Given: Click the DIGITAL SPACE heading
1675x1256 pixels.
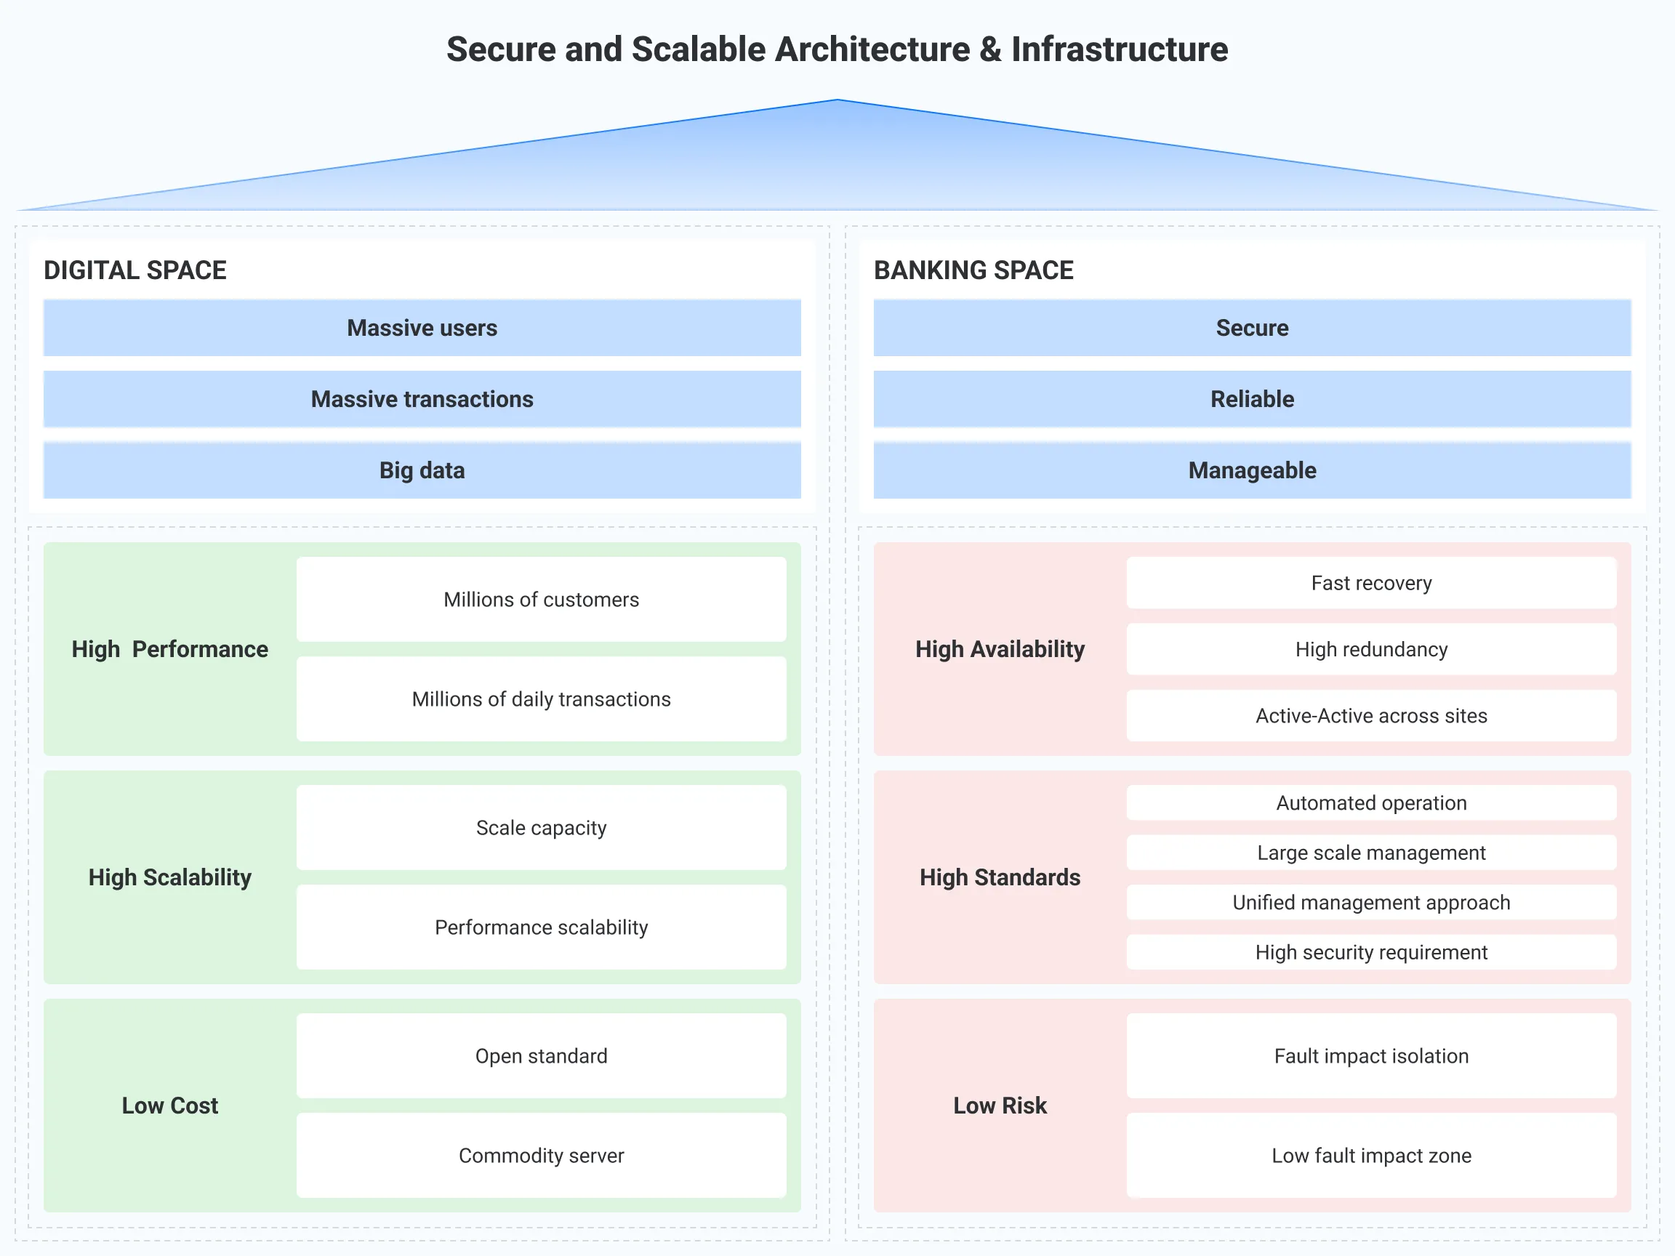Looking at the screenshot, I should [x=134, y=270].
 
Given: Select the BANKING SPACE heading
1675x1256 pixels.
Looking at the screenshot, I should [x=973, y=270].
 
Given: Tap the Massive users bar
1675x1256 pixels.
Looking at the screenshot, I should [x=422, y=328].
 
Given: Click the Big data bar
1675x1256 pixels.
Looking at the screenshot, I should [x=422, y=470].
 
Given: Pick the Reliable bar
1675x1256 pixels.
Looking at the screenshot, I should [x=1252, y=399].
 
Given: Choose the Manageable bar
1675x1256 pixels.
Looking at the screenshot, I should [x=1252, y=470].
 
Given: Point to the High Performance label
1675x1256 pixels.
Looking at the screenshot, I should [x=169, y=649].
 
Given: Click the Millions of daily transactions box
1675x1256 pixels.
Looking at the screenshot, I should [x=541, y=699].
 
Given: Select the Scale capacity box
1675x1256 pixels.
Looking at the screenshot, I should [x=541, y=827].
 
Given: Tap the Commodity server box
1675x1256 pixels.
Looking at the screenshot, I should [x=541, y=1155].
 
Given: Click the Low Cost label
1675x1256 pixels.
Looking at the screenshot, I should [x=169, y=1106].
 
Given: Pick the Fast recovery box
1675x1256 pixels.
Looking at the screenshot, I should [x=1370, y=583].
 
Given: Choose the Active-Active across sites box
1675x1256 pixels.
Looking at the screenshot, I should [x=1370, y=715].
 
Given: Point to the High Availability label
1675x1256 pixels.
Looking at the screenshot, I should [x=1000, y=649].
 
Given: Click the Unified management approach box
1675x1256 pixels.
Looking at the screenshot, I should [x=1370, y=903].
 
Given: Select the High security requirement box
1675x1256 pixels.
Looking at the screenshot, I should [x=1370, y=952].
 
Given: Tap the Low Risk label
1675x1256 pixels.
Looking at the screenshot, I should [x=1000, y=1106].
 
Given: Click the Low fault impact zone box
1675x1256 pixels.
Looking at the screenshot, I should [x=1370, y=1155].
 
